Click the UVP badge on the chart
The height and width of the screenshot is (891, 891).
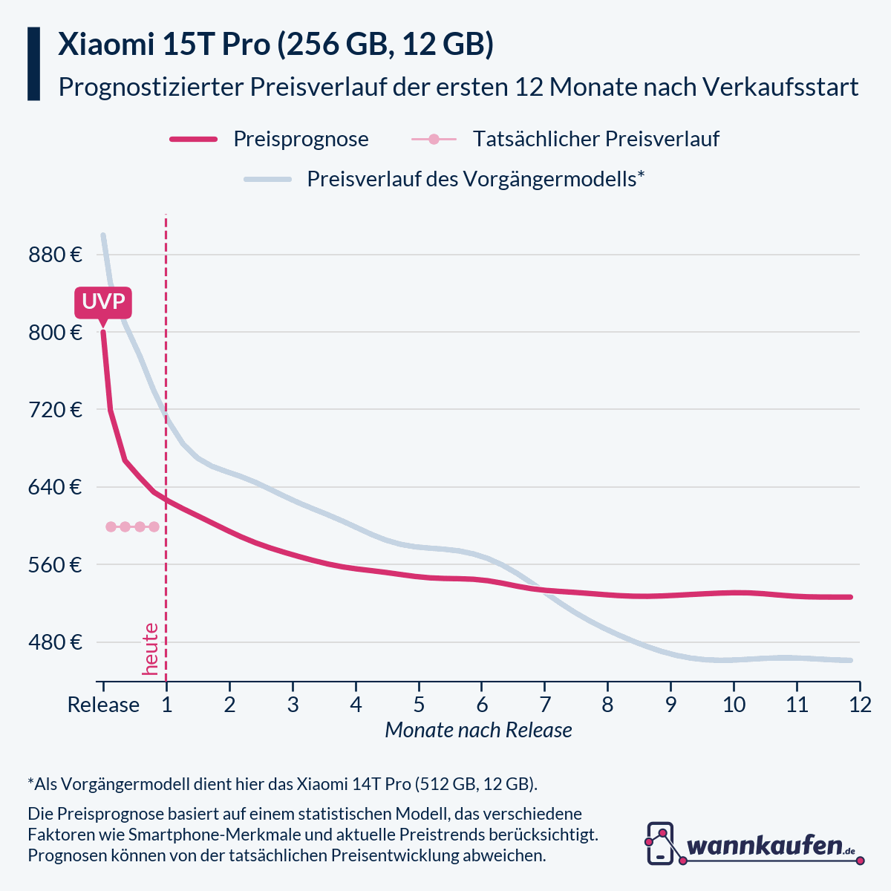(x=102, y=302)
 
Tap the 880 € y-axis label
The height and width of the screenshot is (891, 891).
(x=56, y=255)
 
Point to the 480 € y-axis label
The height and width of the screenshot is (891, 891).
(x=56, y=642)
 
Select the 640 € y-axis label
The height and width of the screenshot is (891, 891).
(x=56, y=488)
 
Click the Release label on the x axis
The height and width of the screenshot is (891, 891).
(x=103, y=705)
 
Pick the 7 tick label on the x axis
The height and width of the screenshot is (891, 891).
(x=544, y=705)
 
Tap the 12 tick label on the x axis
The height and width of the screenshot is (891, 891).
(x=860, y=705)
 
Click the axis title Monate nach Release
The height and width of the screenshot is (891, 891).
(x=478, y=731)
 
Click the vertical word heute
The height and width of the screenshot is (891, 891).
(x=151, y=649)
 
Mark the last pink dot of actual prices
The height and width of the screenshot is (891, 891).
(x=154, y=526)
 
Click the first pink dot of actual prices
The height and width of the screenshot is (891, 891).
(x=111, y=526)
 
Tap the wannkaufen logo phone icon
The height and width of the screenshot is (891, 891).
(x=660, y=843)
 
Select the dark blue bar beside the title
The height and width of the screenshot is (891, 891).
(x=33, y=64)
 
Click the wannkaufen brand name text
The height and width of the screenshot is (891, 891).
(x=765, y=846)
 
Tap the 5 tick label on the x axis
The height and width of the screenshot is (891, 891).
(x=419, y=705)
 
